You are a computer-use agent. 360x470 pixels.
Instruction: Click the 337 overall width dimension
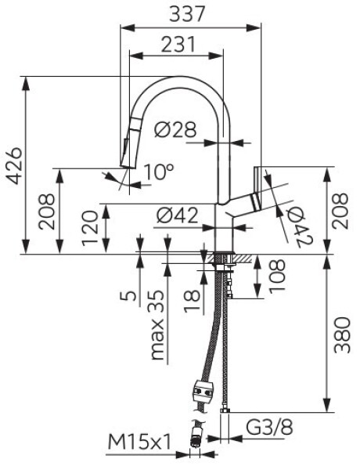187,13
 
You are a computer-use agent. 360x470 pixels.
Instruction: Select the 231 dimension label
178,45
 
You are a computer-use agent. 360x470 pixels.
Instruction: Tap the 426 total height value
14,165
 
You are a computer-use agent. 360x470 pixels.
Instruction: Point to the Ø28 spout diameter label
175,129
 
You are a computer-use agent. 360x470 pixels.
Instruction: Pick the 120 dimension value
90,228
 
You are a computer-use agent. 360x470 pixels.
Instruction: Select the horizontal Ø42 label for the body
178,215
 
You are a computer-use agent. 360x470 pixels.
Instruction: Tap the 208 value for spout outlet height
47,211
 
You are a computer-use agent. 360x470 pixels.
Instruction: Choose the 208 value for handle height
341,211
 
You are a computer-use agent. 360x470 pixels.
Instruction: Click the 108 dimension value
277,276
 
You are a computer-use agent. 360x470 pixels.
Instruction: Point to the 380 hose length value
343,335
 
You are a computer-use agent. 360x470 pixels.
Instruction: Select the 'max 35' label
157,324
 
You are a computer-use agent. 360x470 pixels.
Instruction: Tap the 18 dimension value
192,301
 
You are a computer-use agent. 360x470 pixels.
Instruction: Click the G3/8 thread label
269,427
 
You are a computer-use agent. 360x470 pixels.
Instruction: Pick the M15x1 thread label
139,443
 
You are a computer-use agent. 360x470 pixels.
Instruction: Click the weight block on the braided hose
203,390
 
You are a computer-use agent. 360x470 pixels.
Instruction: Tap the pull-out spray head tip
128,166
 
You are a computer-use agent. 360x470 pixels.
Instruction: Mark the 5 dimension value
128,296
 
